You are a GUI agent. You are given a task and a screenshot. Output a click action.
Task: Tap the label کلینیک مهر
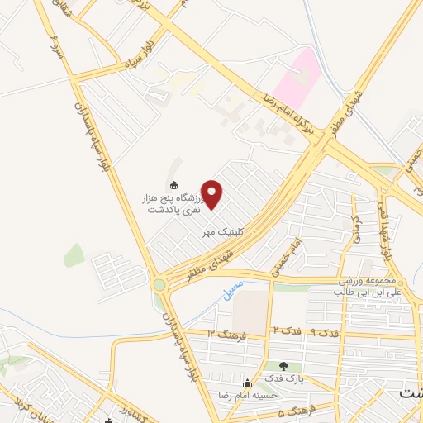tap(225, 234)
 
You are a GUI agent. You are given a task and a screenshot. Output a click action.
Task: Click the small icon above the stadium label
tap(173, 184)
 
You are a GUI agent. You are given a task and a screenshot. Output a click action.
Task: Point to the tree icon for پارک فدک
tap(284, 366)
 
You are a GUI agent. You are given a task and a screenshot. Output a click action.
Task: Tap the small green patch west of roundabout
tap(74, 255)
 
